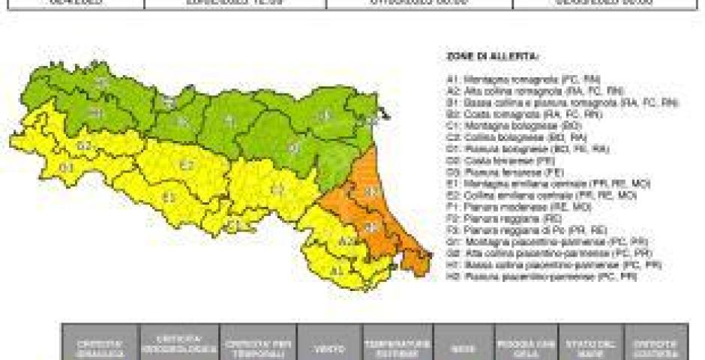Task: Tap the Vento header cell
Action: [x=329, y=348]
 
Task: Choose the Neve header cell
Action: [x=463, y=348]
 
